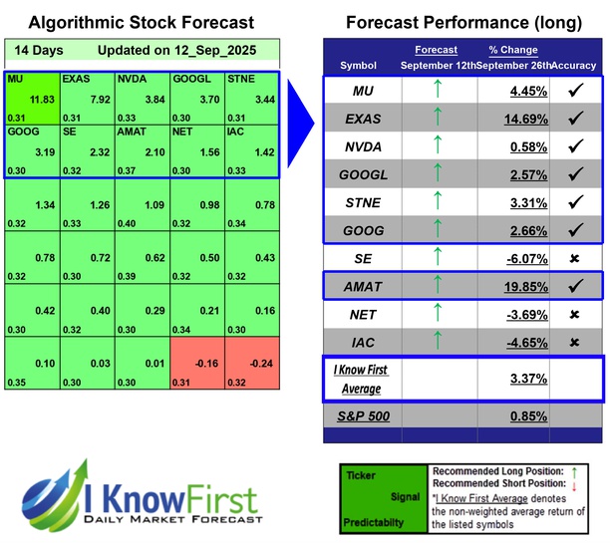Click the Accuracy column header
tap(576, 65)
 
